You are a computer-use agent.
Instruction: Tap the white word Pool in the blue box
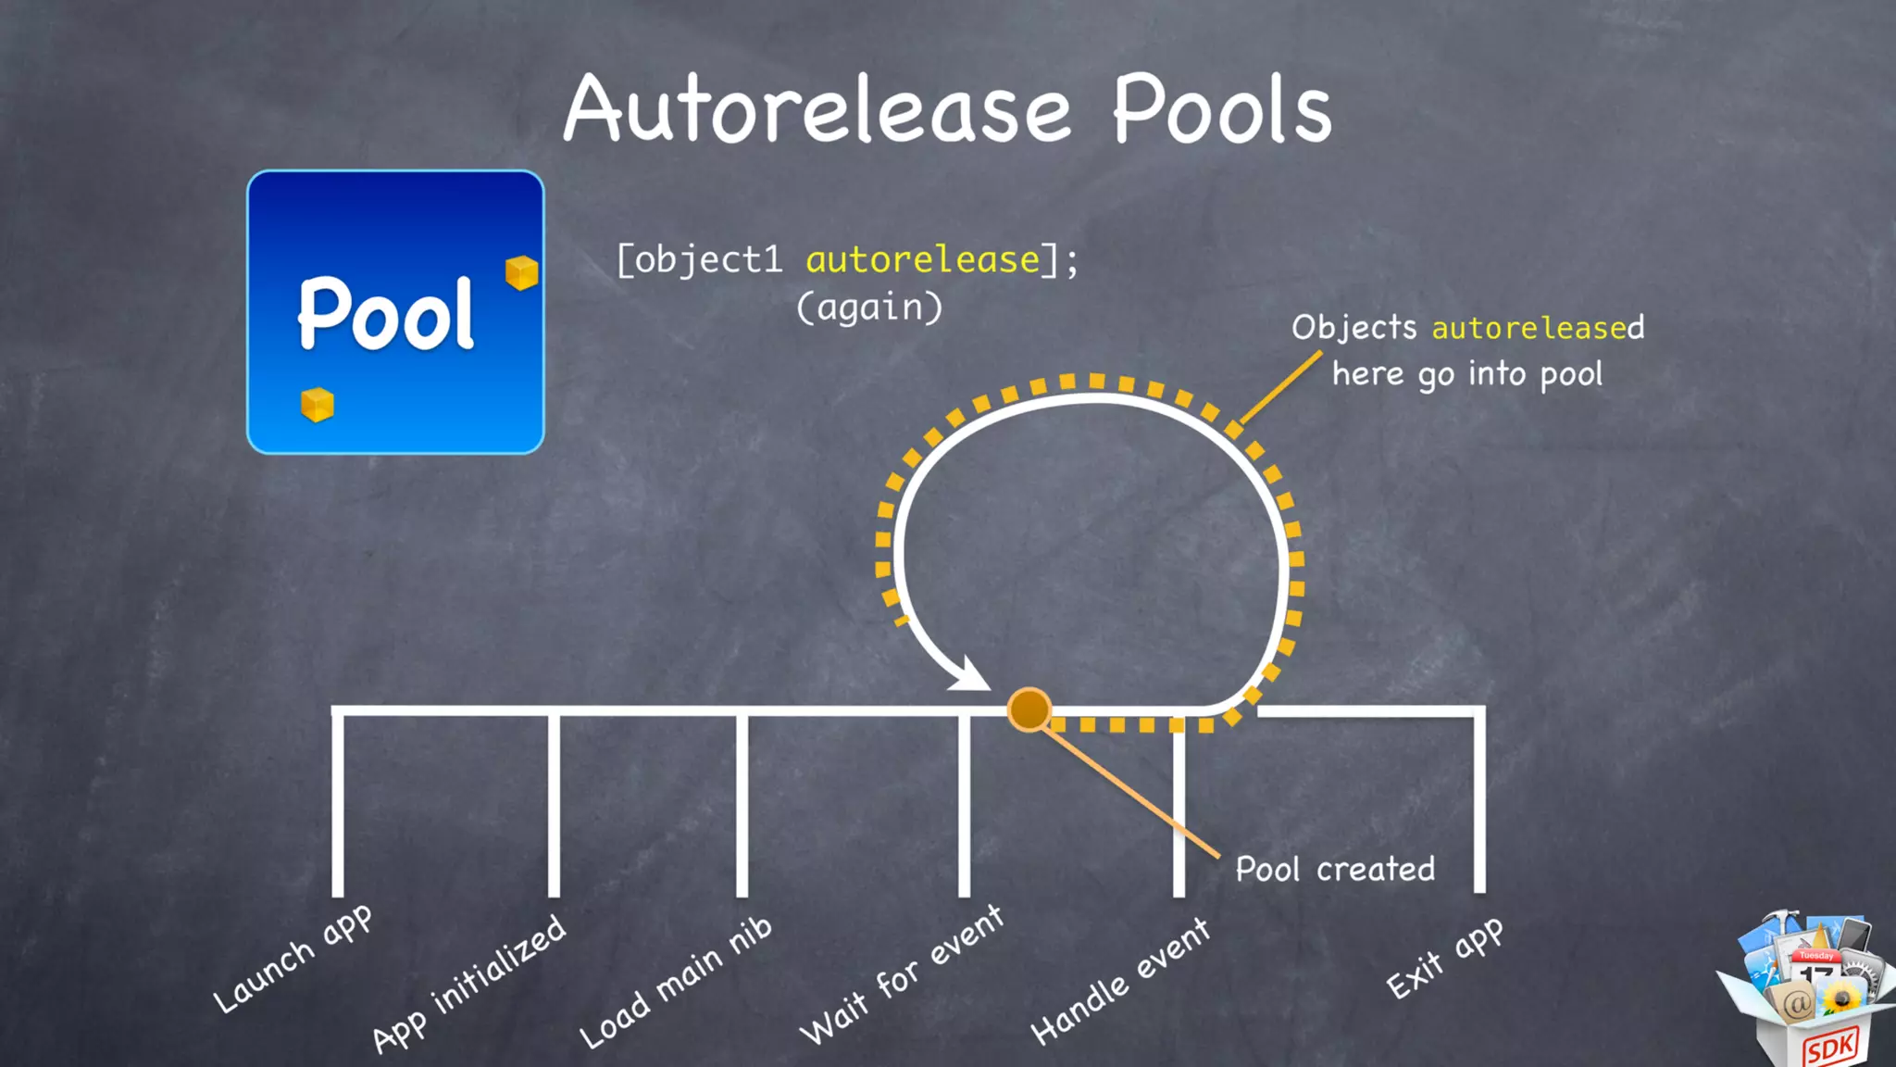pyautogui.click(x=386, y=315)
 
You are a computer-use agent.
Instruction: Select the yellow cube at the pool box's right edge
pyautogui.click(x=521, y=272)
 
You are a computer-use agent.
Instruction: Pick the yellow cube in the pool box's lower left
pyautogui.click(x=317, y=405)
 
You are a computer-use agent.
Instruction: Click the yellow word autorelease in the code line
pyautogui.click(x=923, y=260)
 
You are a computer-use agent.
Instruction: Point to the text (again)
pyautogui.click(x=869, y=308)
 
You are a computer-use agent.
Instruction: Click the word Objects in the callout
pyautogui.click(x=1353, y=328)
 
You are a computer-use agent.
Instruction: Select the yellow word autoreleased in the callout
pyautogui.click(x=1538, y=328)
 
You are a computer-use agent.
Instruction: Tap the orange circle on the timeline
pyautogui.click(x=1029, y=710)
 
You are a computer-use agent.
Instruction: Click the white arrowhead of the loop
pyautogui.click(x=970, y=675)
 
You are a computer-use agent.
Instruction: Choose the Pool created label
pyautogui.click(x=1335, y=869)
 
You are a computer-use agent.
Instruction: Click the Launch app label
pyautogui.click(x=293, y=959)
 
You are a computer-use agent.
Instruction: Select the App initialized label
pyautogui.click(x=468, y=984)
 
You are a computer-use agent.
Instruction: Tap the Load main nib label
pyautogui.click(x=675, y=982)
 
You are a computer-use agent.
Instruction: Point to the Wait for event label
pyautogui.click(x=901, y=974)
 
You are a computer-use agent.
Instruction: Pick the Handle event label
pyautogui.click(x=1119, y=981)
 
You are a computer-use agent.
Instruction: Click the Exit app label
pyautogui.click(x=1443, y=959)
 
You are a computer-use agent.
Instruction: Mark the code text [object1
pyautogui.click(x=700, y=260)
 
